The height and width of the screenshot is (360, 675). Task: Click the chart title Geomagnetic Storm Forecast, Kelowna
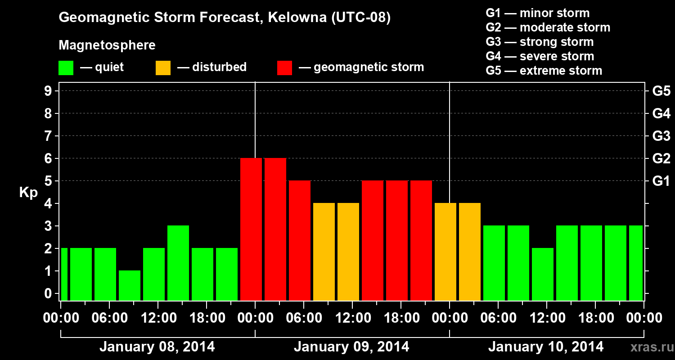pyautogui.click(x=224, y=18)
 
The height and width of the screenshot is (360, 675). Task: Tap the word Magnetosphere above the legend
pyautogui.click(x=107, y=45)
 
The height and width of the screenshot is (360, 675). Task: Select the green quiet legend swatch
pyautogui.click(x=66, y=67)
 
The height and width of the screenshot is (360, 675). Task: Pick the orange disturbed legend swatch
pyautogui.click(x=163, y=67)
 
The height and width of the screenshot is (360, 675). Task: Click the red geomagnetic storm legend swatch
pyautogui.click(x=284, y=67)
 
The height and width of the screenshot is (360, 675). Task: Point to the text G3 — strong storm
pyautogui.click(x=540, y=42)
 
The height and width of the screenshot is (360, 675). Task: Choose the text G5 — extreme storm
pyautogui.click(x=544, y=71)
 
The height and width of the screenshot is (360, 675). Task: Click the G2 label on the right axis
pyautogui.click(x=661, y=158)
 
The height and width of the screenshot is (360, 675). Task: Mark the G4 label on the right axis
pyautogui.click(x=661, y=113)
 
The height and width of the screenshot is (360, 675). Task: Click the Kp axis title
pyautogui.click(x=28, y=192)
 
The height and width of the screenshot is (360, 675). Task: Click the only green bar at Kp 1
pyautogui.click(x=130, y=285)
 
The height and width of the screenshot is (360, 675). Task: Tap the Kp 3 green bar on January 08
pyautogui.click(x=178, y=263)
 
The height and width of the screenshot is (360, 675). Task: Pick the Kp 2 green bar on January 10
pyautogui.click(x=543, y=274)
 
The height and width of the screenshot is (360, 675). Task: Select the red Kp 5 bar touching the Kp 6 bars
pyautogui.click(x=300, y=240)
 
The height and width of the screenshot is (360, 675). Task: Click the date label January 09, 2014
pyautogui.click(x=351, y=347)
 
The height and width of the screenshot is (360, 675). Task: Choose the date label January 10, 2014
pyautogui.click(x=546, y=347)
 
